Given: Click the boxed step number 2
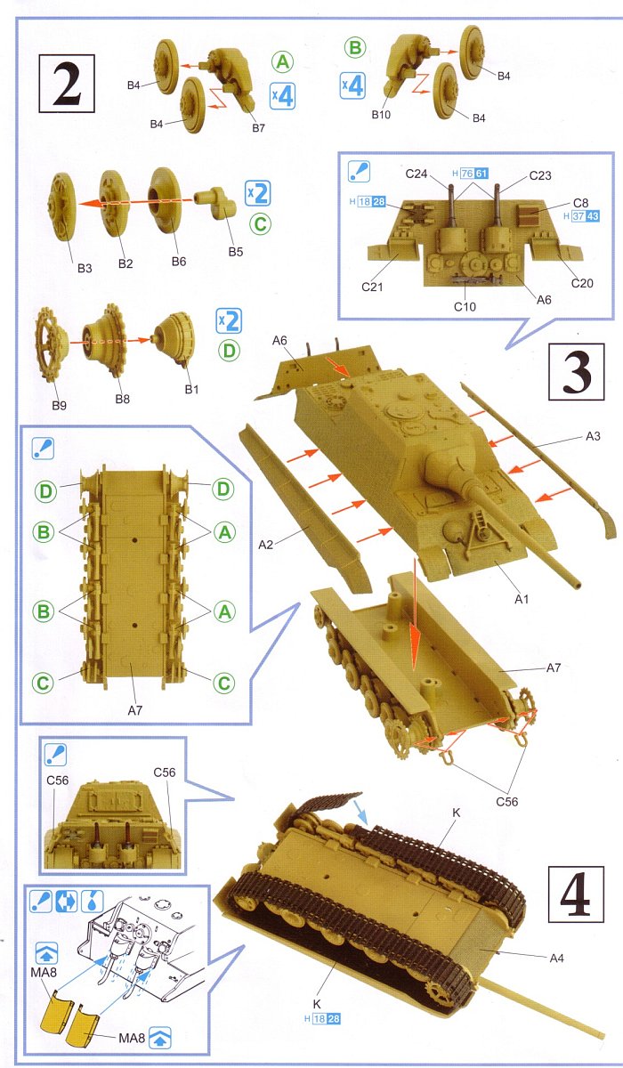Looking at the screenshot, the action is [x=67, y=84].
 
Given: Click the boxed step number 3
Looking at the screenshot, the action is [x=577, y=371].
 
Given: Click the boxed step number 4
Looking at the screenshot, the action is [x=576, y=894].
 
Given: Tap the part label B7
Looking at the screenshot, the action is [x=258, y=128].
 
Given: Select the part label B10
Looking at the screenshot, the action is [x=381, y=115].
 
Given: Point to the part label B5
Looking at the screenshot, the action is [x=236, y=252].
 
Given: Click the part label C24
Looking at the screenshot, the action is [x=417, y=174].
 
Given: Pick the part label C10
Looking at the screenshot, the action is [x=465, y=306].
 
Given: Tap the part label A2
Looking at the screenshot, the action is [x=265, y=544].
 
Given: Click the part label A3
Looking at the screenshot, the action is [x=593, y=436].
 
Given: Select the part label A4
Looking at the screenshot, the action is [x=557, y=958].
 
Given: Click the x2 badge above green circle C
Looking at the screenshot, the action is [x=258, y=193].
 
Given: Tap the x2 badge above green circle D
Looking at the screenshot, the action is [x=229, y=321].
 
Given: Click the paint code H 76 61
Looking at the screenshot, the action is [x=470, y=174].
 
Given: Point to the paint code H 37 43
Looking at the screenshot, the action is [x=581, y=216].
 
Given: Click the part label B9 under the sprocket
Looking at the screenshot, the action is [x=59, y=405].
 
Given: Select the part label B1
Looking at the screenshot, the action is [x=191, y=390].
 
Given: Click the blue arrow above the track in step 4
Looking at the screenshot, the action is [x=360, y=813].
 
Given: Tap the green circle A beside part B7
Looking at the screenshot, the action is [x=283, y=62].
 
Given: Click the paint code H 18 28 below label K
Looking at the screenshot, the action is [x=323, y=1019].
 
